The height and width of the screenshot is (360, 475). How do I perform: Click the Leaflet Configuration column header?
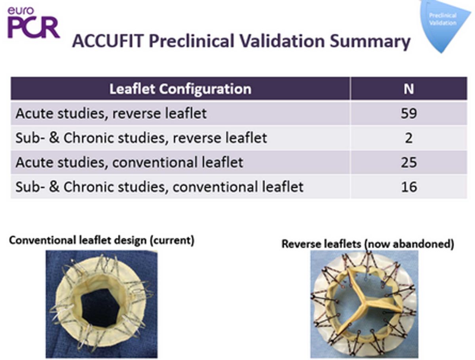pyautogui.click(x=180, y=88)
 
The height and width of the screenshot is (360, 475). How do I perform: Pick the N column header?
pyautogui.click(x=408, y=88)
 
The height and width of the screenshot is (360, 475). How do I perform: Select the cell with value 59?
pyautogui.click(x=408, y=114)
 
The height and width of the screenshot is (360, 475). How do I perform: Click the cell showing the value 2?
pyautogui.click(x=408, y=138)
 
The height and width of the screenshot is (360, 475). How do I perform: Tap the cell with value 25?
pyautogui.click(x=408, y=162)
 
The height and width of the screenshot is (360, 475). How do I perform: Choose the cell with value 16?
pyautogui.click(x=408, y=186)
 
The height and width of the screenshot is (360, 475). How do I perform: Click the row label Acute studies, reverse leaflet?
pyautogui.click(x=111, y=114)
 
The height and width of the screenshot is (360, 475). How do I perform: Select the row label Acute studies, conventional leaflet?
pyautogui.click(x=129, y=162)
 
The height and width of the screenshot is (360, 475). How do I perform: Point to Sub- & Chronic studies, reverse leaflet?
pyautogui.click(x=141, y=138)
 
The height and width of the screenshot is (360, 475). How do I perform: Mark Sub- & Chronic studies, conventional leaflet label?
pyautogui.click(x=159, y=186)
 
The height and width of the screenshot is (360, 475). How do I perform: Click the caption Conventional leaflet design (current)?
pyautogui.click(x=101, y=240)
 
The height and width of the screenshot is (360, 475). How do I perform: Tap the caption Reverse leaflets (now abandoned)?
pyautogui.click(x=367, y=244)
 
